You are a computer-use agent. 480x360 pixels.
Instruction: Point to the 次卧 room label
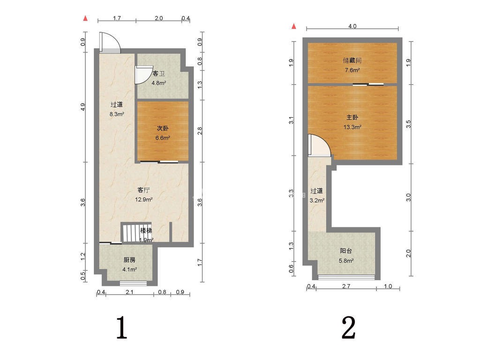163,128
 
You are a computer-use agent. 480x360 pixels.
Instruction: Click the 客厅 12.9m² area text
144,200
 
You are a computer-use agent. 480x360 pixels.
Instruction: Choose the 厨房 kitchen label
129,260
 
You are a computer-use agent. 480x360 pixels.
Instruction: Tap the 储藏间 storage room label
352,60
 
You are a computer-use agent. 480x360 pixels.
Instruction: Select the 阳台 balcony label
346,251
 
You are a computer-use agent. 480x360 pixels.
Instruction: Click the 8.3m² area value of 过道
117,114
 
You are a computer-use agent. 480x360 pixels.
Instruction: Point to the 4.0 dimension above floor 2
352,26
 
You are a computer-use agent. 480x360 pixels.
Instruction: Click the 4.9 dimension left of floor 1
82,107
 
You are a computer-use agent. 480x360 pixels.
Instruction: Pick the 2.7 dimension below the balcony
346,286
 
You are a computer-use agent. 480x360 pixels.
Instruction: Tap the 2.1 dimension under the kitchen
129,292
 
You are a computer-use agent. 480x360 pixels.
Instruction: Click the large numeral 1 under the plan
121,328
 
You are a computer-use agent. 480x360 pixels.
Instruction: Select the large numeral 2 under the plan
348,328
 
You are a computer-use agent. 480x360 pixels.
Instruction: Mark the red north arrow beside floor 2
294,26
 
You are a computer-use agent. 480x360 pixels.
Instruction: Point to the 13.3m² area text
352,127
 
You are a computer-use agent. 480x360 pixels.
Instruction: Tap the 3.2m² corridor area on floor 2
317,201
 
